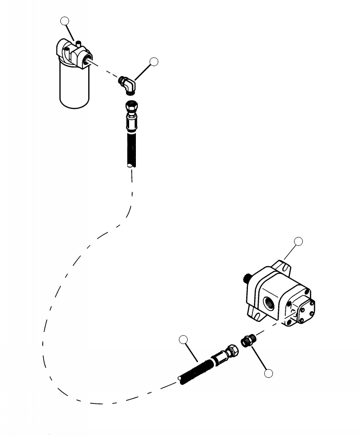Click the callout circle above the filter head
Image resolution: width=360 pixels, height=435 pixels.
pos(66,21)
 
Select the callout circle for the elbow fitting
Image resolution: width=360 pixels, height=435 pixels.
pos(154,62)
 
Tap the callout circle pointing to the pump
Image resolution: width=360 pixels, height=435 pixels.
pos(298,242)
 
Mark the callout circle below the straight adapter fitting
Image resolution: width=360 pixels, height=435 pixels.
pos(269,373)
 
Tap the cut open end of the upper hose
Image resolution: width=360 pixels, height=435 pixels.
pos(130,166)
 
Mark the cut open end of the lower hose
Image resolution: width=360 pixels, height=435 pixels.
pos(181,381)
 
